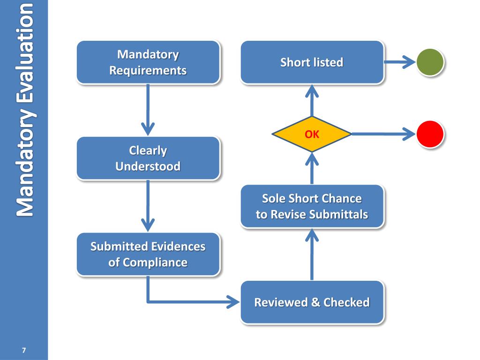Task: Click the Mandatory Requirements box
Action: [x=148, y=62]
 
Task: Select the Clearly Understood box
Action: [x=148, y=158]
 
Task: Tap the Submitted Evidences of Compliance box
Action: [x=148, y=255]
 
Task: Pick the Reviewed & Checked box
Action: [x=312, y=302]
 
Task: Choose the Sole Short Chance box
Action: [x=312, y=206]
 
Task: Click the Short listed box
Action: [x=312, y=62]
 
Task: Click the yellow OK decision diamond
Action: [x=312, y=134]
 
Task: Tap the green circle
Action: [x=430, y=62]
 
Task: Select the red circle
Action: [x=430, y=134]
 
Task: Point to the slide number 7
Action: [x=24, y=350]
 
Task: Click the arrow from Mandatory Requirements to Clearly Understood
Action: [x=148, y=110]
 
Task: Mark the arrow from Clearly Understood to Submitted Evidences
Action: [x=148, y=206]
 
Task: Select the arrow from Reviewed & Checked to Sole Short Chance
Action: [x=312, y=255]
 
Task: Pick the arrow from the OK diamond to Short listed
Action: [x=312, y=100]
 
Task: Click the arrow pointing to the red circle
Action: [x=383, y=134]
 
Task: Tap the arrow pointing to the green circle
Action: [x=400, y=62]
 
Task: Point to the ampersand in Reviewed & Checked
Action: [x=315, y=302]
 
